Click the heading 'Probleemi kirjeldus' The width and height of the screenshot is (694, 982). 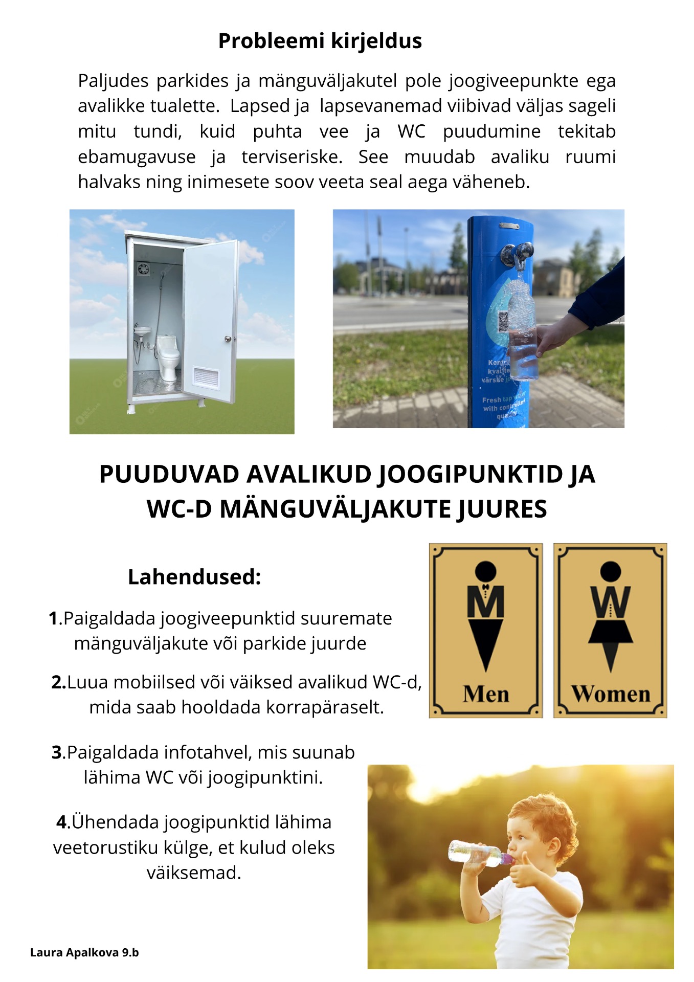320,41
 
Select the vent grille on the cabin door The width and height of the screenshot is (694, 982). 206,377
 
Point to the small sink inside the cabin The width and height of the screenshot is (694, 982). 143,331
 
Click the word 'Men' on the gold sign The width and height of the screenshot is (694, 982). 485,694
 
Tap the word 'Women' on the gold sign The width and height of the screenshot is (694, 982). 611,694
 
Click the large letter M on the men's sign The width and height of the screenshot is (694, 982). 485,602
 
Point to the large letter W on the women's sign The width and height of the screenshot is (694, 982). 610,602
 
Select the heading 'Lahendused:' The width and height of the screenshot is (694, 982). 194,577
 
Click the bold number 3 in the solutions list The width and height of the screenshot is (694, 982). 57,753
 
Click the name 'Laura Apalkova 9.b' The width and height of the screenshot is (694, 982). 84,952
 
